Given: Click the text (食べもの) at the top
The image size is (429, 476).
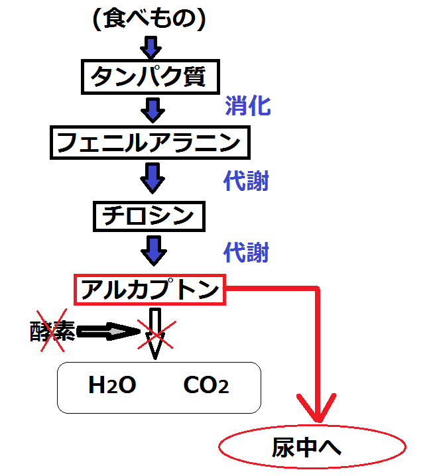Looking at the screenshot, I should [151, 19].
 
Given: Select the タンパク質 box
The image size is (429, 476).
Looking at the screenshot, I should [151, 77].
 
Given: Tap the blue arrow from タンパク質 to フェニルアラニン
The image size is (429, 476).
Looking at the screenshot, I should [153, 109].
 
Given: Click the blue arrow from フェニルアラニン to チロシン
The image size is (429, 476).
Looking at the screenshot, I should [153, 178].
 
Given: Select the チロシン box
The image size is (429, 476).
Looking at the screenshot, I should [149, 215].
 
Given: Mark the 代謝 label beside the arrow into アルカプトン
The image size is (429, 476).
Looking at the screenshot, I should [246, 252].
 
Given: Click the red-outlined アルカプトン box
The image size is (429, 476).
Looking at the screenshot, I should [150, 290].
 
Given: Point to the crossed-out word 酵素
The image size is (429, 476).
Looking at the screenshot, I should [52, 331].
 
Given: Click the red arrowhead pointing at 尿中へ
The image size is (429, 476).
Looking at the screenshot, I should [318, 408].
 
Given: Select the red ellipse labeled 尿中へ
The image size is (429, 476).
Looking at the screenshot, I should [312, 449].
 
